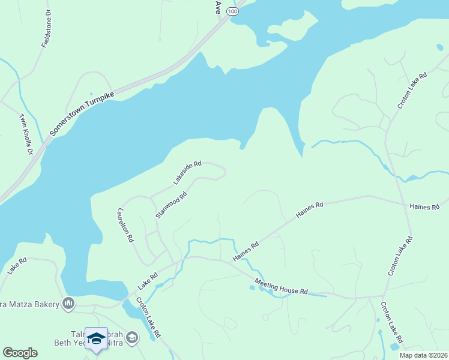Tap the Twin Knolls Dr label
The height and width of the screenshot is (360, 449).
(x=25, y=134)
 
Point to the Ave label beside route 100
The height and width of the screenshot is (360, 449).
(x=218, y=7)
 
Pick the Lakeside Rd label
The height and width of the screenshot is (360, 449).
(x=187, y=172)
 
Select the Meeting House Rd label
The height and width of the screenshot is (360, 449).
(x=280, y=286)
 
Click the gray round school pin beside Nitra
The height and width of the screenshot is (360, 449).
(x=132, y=338)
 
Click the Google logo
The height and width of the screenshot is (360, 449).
(x=20, y=353)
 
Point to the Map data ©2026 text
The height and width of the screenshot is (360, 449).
(x=423, y=355)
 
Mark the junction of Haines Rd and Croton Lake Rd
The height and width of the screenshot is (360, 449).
(x=402, y=203)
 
